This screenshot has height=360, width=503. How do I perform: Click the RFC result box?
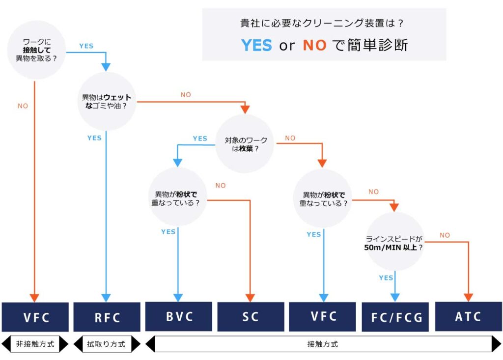pos(107,317)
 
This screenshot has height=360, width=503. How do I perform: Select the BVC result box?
pos(179,316)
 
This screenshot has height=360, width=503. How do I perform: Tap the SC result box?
pos(251,316)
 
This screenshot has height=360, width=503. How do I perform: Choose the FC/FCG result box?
pos(395,317)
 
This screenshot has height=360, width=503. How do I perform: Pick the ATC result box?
pos(468,317)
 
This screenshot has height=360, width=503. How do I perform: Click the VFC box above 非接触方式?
pos(35,317)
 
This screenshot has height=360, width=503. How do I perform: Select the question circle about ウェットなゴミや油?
pos(107,102)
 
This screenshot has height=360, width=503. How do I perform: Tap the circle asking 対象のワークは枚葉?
pos(245,144)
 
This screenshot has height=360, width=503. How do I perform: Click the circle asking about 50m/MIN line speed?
pos(395,241)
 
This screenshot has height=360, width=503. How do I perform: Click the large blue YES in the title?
pos(256,45)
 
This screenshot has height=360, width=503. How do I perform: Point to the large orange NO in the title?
pos(315,45)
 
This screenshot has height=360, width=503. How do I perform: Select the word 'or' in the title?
pos(287,46)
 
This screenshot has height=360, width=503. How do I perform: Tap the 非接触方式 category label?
pos(35,344)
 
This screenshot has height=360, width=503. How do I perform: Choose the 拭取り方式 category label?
pos(107,344)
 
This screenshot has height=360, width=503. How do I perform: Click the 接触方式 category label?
pos(323,344)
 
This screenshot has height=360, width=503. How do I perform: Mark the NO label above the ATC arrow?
pos(445,235)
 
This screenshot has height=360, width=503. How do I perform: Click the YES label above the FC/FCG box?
pos(386,278)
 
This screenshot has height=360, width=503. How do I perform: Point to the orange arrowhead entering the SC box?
pos(251,298)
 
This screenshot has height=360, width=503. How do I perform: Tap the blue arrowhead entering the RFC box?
pos(106,298)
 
